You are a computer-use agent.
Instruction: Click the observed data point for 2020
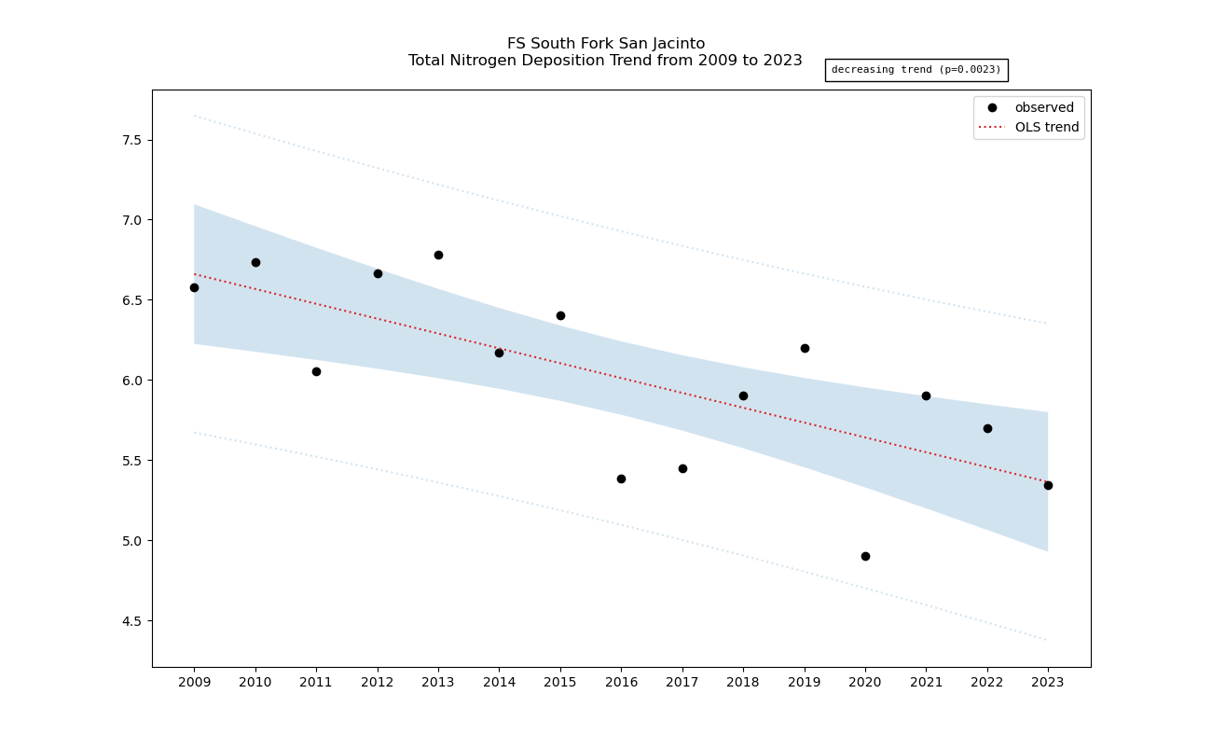tap(865, 556)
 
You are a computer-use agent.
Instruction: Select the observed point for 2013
tap(438, 255)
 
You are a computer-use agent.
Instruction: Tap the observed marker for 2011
tap(316, 371)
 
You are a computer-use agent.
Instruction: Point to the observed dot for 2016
tap(621, 479)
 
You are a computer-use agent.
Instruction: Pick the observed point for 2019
tap(805, 348)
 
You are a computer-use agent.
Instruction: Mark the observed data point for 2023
tap(1048, 485)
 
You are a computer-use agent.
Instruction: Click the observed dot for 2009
tap(194, 287)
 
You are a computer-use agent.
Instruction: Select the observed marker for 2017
tap(682, 468)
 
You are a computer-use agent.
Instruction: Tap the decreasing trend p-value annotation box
tap(916, 70)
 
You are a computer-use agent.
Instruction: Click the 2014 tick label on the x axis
tap(499, 683)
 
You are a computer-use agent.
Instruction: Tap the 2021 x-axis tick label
tap(926, 683)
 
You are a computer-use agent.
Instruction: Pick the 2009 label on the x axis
tap(194, 683)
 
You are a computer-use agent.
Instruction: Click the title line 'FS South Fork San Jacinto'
tap(605, 44)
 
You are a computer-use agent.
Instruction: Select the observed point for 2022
tap(987, 428)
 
